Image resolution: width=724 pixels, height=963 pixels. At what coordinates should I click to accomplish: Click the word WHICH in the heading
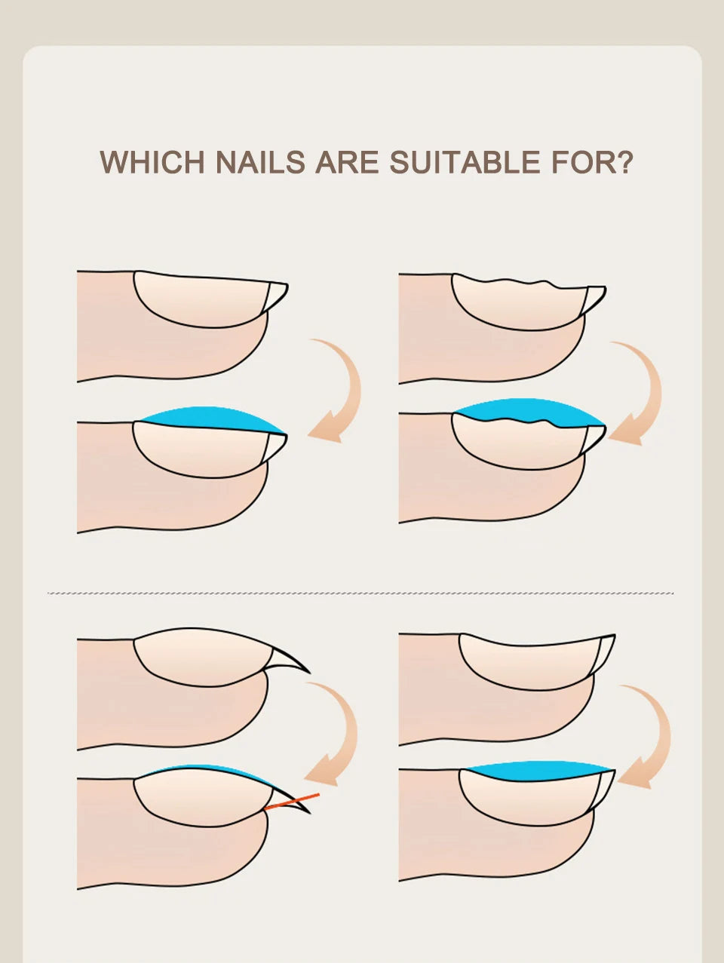(x=152, y=162)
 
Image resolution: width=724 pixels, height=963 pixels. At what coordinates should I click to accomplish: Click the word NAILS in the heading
(x=261, y=162)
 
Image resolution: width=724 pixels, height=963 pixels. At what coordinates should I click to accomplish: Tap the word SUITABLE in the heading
(x=465, y=162)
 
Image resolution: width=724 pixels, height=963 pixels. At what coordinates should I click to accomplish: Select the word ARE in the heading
(x=347, y=162)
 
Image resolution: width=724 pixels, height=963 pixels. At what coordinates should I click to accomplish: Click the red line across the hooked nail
(x=292, y=801)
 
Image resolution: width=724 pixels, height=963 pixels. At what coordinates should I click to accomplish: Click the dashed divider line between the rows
(x=360, y=593)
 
